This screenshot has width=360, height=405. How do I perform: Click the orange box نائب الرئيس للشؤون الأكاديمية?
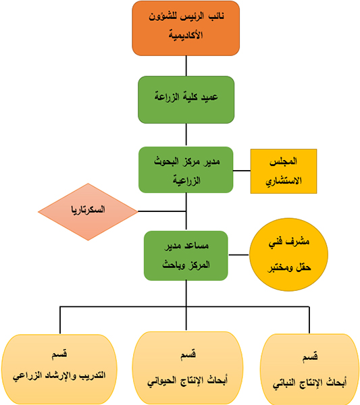tap(186, 28)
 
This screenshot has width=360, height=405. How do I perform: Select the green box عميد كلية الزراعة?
tap(186, 100)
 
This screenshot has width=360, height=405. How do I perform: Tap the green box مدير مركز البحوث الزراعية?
tap(186, 169)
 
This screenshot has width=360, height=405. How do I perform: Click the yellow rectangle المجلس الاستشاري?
tap(284, 171)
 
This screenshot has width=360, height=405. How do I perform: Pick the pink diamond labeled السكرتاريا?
tap(88, 212)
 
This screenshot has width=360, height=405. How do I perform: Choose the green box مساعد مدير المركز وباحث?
tap(186, 256)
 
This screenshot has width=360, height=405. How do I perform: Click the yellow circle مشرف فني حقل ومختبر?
tap(288, 254)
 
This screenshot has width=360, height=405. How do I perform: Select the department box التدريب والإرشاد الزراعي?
tap(59, 369)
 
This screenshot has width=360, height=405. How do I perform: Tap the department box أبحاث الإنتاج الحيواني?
tap(188, 369)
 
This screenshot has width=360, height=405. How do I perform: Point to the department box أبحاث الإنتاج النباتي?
tap(309, 369)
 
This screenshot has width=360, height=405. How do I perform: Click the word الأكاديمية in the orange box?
tap(186, 35)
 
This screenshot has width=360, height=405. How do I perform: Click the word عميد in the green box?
tap(209, 97)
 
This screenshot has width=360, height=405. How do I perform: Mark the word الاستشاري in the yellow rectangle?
tap(284, 181)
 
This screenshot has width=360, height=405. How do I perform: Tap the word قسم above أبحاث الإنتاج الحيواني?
tap(188, 354)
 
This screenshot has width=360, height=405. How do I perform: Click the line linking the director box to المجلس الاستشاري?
tap(242, 171)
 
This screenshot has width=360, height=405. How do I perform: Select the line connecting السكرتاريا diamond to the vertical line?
tap(162, 211)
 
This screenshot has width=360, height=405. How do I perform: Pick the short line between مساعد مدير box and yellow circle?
tap(238, 255)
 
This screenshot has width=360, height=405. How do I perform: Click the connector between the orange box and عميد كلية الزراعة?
tap(186, 66)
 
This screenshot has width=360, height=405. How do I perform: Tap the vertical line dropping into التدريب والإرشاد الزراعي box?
tap(60, 320)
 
